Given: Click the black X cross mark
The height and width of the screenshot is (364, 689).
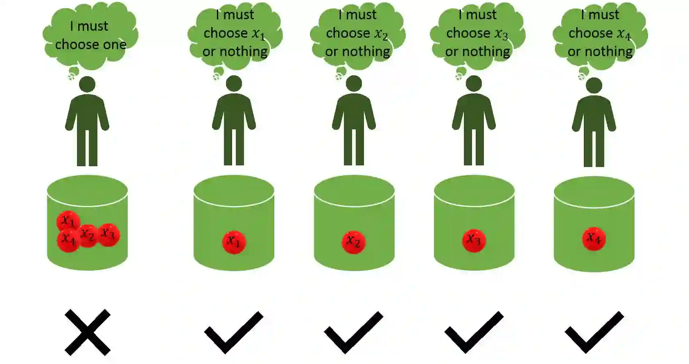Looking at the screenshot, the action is click(x=88, y=332).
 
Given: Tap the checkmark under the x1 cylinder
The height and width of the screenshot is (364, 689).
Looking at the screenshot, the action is click(x=233, y=332).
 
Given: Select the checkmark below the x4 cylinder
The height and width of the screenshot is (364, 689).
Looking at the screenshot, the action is click(x=594, y=332).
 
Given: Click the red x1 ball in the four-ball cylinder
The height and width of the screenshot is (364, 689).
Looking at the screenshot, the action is click(x=68, y=222).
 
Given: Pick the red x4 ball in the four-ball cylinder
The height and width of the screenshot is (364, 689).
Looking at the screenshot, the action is click(x=68, y=240).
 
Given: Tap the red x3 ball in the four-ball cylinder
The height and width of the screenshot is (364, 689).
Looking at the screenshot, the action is click(x=108, y=235).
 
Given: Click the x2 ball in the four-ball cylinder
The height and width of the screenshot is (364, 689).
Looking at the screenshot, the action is click(x=88, y=235).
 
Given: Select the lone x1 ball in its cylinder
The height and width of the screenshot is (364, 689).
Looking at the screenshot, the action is click(x=234, y=242).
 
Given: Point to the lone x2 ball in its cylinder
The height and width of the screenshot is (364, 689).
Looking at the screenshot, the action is click(x=353, y=242).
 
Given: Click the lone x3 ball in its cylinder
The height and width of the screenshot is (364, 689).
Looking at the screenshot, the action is click(x=474, y=240).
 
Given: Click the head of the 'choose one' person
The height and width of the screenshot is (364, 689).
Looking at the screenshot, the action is click(x=87, y=85).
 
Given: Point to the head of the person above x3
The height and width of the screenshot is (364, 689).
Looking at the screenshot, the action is click(x=474, y=84).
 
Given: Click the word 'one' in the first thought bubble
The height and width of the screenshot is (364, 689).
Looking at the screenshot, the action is click(x=115, y=45).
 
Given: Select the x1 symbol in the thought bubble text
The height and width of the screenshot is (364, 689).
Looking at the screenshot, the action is click(x=259, y=34).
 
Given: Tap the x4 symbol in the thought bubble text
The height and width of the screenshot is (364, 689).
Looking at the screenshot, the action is click(x=624, y=34).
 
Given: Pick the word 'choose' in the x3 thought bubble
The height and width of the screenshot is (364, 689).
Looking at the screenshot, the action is click(x=468, y=33).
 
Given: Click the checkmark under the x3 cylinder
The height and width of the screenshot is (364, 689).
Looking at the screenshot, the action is click(x=474, y=332).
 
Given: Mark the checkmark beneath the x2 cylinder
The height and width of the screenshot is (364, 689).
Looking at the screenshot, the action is click(x=353, y=332).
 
